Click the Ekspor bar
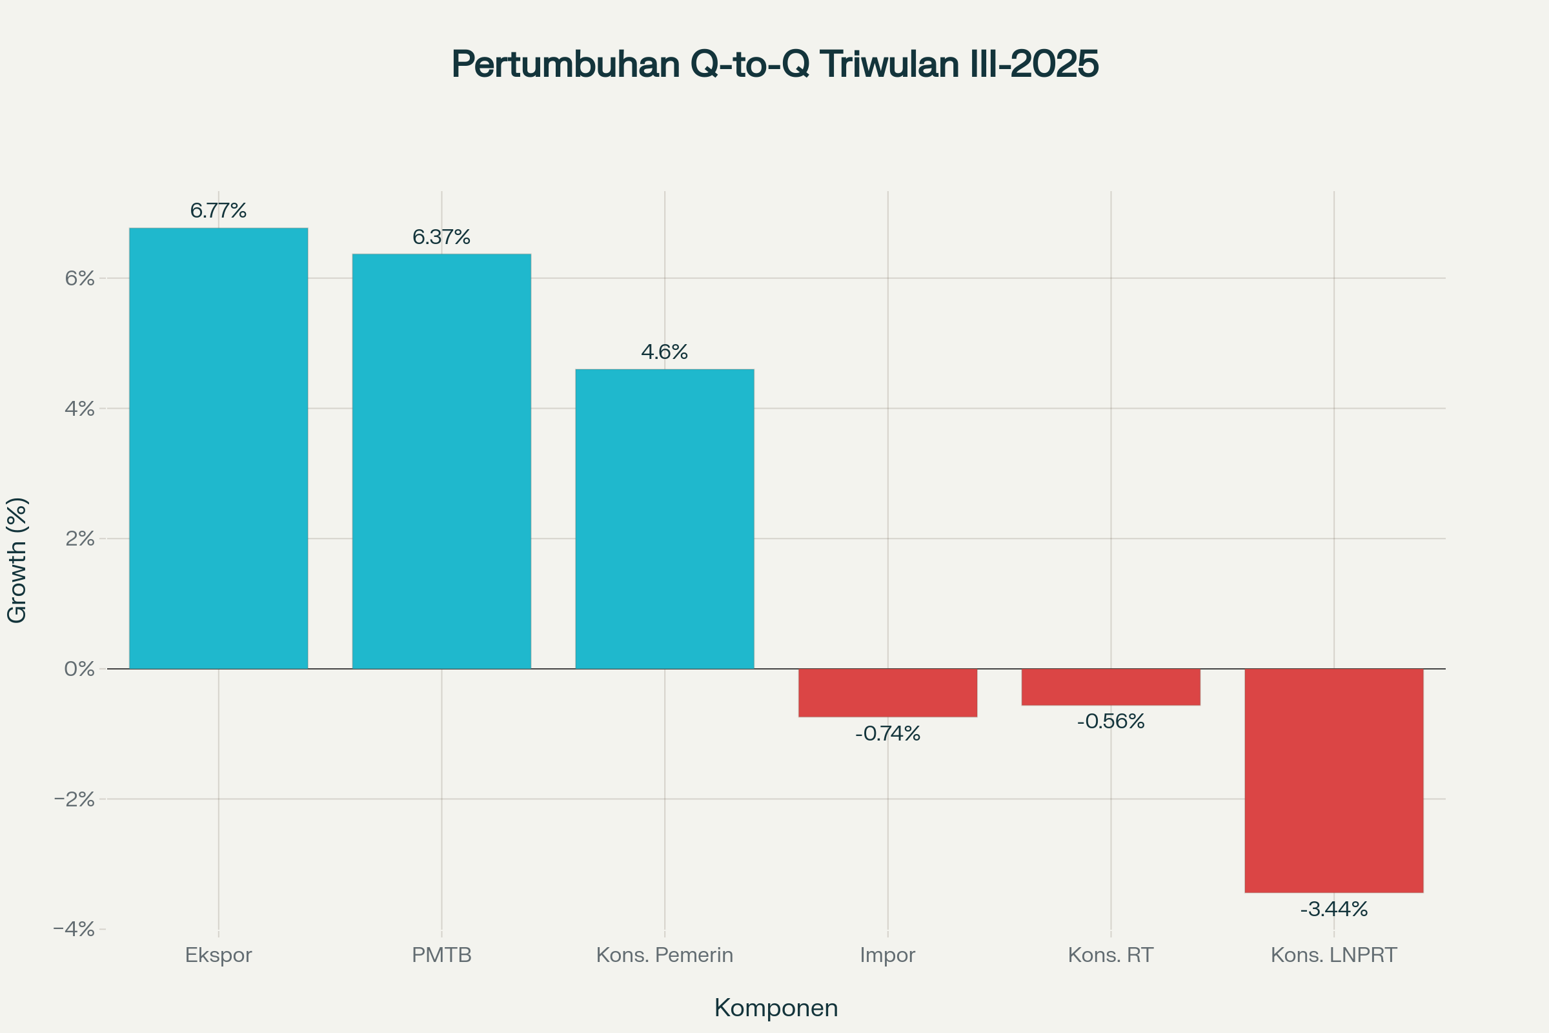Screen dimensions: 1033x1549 (x=218, y=448)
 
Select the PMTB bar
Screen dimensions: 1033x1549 (x=441, y=461)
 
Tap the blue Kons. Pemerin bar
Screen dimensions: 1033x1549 (x=665, y=518)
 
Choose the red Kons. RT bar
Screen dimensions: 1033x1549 (x=1110, y=686)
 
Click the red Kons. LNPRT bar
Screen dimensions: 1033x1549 (x=1333, y=781)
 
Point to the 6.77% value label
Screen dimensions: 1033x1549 (x=218, y=211)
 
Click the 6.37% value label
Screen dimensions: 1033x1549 (x=441, y=237)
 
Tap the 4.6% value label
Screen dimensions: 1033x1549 (x=665, y=353)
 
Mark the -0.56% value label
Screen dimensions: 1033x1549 (x=1110, y=722)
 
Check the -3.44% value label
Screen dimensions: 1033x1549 (x=1333, y=910)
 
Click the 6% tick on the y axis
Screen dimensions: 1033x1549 (x=79, y=278)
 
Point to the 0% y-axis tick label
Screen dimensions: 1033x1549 (x=79, y=669)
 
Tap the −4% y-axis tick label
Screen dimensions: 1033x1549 (x=74, y=930)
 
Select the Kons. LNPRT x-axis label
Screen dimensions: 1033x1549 (x=1333, y=956)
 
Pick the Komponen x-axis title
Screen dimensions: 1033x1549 (x=776, y=1008)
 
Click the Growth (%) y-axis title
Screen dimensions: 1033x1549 (x=17, y=560)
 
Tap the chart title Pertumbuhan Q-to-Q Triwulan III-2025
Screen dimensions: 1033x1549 (x=775, y=64)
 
